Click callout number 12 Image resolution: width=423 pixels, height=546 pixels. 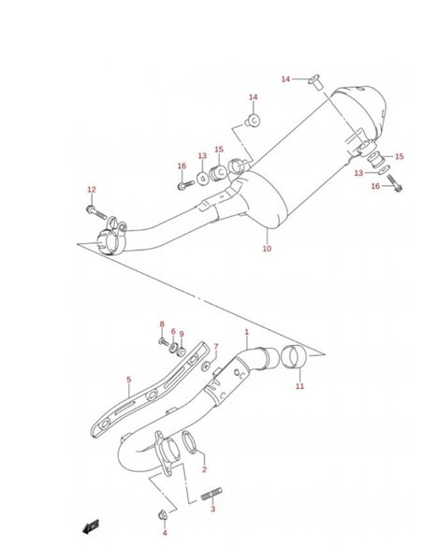pos(92,190)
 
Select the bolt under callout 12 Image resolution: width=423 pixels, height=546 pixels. pos(96,212)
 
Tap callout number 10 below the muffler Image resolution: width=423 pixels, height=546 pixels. pos(267,249)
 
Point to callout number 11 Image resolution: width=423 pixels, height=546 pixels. pos(300,386)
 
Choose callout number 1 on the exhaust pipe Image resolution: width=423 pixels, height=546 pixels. pos(247,332)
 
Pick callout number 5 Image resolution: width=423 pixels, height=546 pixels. pos(129,380)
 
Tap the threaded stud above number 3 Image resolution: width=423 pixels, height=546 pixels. pos(211,495)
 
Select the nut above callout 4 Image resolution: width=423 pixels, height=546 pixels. pos(163,515)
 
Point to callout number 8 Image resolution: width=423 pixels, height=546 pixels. pos(162,324)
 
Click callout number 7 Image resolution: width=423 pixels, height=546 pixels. pos(216,347)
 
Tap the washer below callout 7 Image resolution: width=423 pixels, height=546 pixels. pos(206,366)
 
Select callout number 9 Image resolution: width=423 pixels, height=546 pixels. pos(182,335)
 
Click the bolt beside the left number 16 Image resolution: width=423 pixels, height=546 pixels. pos(186,184)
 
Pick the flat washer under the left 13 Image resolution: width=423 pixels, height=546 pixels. pos(202,179)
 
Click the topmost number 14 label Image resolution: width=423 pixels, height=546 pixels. pos(285,79)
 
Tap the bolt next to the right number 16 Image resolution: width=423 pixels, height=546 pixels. pos(394,183)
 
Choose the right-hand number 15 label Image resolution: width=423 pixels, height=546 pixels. pos(400,156)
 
